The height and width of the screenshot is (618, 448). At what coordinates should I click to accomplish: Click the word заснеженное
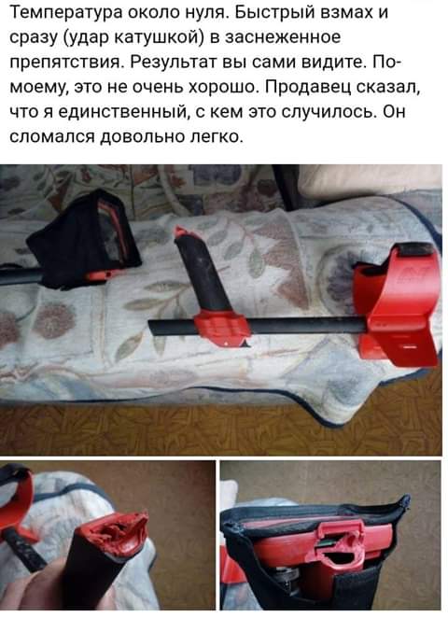click(x=282, y=37)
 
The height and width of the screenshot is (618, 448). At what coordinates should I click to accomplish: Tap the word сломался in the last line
click(x=51, y=137)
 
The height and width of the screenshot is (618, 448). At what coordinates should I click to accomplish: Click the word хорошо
click(x=223, y=87)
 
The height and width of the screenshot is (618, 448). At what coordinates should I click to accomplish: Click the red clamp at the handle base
click(x=221, y=327)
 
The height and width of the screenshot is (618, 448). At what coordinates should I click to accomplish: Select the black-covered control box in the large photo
click(x=84, y=238)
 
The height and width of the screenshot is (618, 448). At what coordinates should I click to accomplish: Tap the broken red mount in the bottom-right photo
click(x=339, y=545)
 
